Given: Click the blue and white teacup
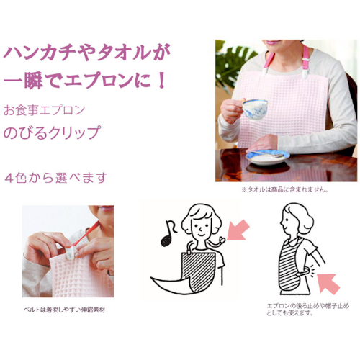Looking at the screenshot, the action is [255, 109].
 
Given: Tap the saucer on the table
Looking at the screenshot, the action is [268, 157].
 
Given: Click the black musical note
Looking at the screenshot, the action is [168, 233].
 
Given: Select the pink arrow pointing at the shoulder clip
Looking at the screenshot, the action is [238, 230].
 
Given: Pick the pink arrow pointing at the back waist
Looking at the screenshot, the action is [328, 284].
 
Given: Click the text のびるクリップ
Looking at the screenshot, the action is [51, 132].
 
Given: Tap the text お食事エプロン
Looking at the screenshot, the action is [44, 110].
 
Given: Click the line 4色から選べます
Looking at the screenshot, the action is [55, 178].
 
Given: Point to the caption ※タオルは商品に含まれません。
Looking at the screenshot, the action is [285, 189].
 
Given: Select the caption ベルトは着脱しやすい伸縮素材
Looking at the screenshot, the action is [64, 310].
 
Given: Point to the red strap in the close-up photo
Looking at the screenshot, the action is [87, 233].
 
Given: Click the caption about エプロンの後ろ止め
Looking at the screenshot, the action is [308, 310].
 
